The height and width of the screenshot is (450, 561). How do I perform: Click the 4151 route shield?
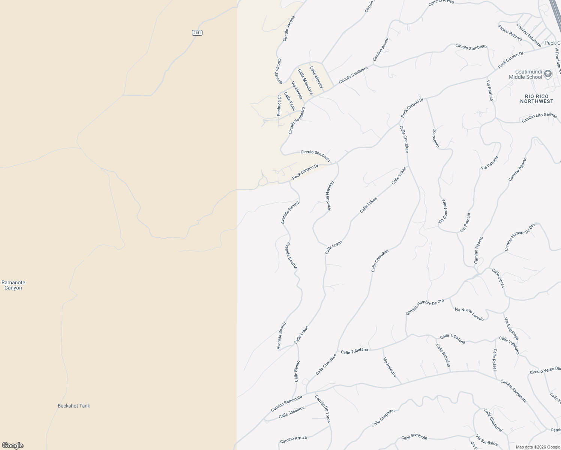[197, 33]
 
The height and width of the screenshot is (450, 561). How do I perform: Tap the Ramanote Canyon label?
[13, 285]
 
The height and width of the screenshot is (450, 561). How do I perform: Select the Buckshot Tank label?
[74, 406]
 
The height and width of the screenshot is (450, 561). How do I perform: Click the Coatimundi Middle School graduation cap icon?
[547, 73]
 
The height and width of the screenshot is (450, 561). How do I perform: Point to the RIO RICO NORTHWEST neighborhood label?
[537, 99]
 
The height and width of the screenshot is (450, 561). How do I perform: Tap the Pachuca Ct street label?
[279, 106]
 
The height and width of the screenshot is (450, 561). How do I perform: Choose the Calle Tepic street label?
[290, 102]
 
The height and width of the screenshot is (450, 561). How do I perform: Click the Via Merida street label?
[297, 90]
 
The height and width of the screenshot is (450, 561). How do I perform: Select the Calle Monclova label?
[305, 81]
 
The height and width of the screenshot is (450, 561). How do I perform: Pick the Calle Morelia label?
[316, 77]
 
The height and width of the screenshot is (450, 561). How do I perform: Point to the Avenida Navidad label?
[330, 195]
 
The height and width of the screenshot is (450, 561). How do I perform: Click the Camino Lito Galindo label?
[539, 118]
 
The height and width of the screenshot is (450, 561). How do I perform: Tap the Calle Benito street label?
[297, 371]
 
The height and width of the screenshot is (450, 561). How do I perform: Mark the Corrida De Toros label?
[322, 409]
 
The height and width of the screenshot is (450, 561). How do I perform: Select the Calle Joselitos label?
[292, 412]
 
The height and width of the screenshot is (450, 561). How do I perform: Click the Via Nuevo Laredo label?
[469, 314]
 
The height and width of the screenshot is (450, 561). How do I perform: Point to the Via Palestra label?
[390, 367]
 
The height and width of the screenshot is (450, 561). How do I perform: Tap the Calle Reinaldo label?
[443, 355]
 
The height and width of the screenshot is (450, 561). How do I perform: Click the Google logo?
[12, 445]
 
